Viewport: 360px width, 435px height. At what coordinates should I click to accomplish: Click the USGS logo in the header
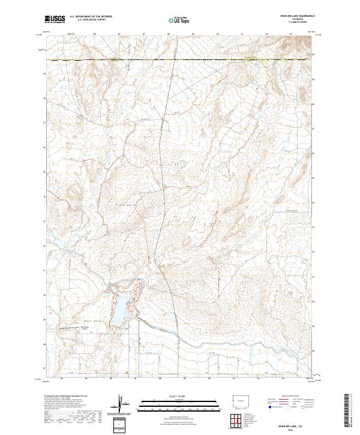54,19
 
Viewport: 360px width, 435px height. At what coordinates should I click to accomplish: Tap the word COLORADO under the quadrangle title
294,20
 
